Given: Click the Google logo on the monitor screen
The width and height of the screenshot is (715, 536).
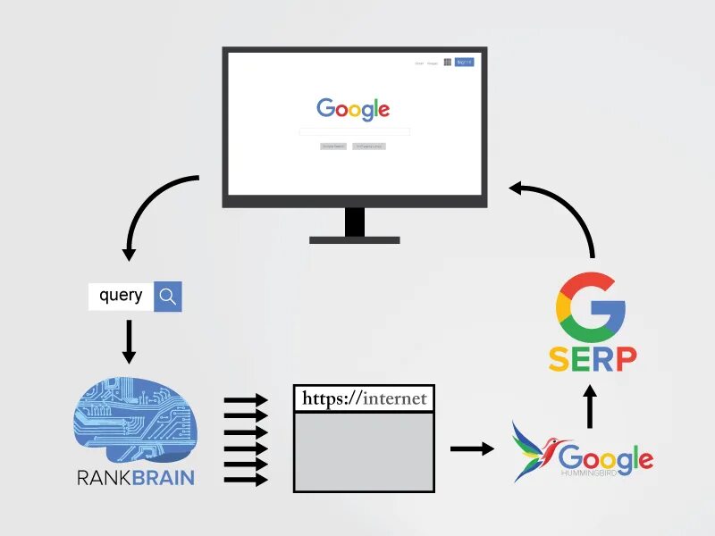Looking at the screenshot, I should [353, 109].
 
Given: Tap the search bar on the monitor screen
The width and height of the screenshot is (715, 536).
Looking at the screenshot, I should [354, 131].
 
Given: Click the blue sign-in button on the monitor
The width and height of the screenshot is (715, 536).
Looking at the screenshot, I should [463, 62].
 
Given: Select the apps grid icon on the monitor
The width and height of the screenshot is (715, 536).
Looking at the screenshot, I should [447, 62].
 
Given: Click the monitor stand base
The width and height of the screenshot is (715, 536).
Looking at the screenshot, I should [355, 239].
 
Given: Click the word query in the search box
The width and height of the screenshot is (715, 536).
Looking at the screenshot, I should [121, 296].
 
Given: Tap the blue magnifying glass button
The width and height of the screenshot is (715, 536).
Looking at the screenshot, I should [168, 297].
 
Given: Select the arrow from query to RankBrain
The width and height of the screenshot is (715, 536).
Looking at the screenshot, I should [129, 341].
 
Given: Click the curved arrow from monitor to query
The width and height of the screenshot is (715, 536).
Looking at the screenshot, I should [147, 205].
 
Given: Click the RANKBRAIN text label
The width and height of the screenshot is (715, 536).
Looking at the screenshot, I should [135, 476].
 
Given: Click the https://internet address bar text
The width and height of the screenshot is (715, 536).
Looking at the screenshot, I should [364, 398].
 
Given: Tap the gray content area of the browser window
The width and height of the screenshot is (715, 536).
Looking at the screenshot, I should [364, 451].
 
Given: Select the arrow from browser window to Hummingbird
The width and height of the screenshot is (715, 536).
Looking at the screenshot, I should [471, 448].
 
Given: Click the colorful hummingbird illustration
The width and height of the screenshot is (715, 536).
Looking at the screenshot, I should [534, 452].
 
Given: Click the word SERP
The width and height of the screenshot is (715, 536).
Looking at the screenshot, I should [593, 358].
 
